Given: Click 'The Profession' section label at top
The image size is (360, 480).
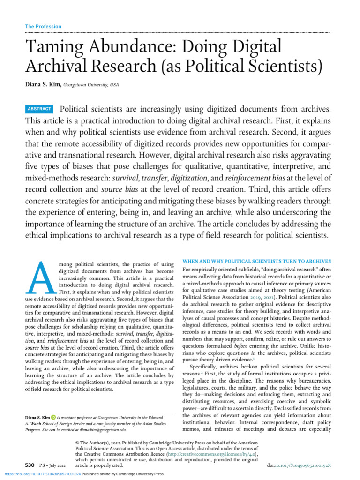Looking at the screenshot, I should pyautogui.click(x=43, y=26).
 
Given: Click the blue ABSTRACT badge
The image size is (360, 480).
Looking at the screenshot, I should pyautogui.click(x=40, y=109).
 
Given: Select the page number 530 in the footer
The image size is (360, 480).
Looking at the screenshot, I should pyautogui.click(x=30, y=465).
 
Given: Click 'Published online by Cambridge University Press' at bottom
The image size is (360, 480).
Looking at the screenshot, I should pyautogui.click(x=123, y=474).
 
